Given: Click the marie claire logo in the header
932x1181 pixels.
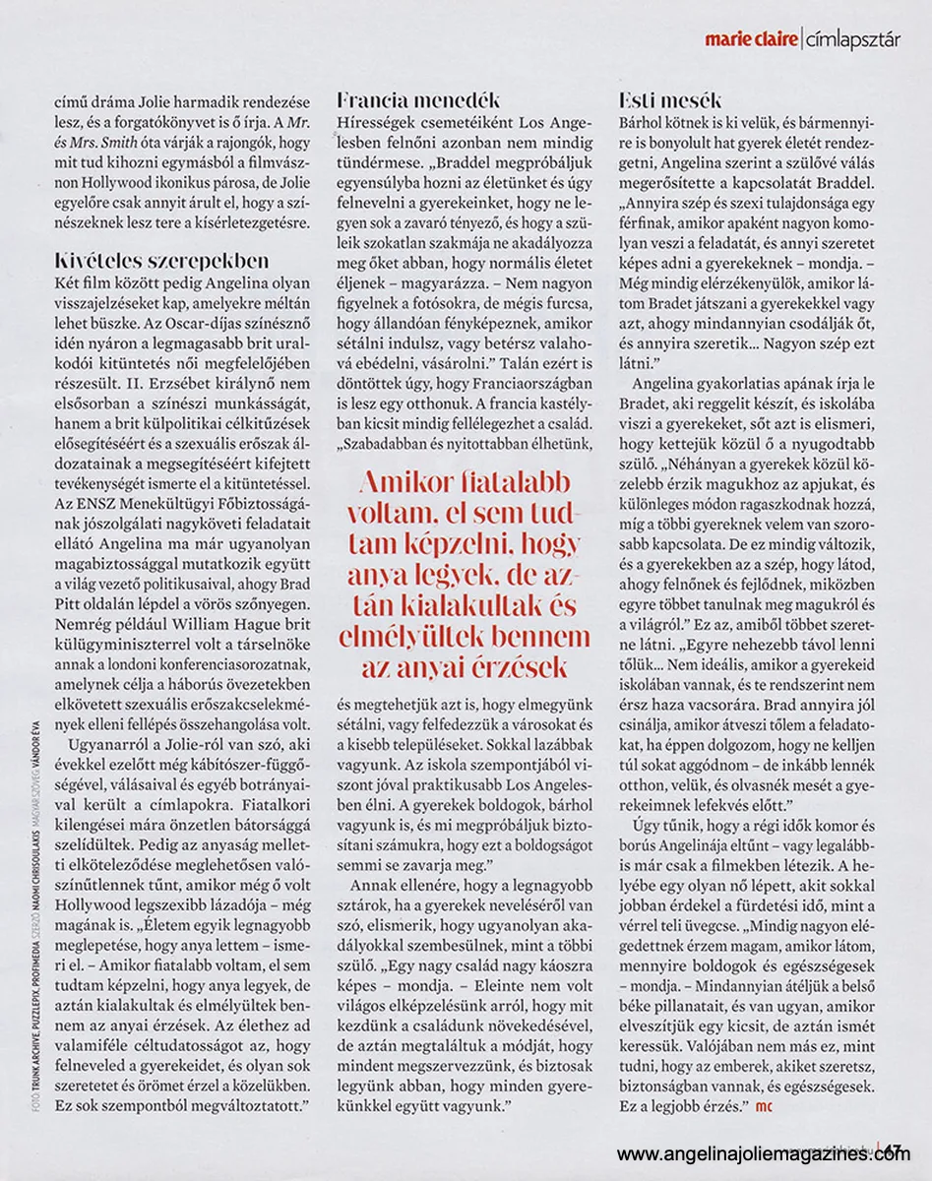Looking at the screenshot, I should pyautogui.click(x=750, y=39).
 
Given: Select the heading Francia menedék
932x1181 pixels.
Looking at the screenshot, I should pyautogui.click(x=418, y=99).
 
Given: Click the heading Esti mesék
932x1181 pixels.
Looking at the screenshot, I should pyautogui.click(x=670, y=99).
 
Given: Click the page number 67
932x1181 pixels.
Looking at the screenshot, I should pyautogui.click(x=894, y=1152).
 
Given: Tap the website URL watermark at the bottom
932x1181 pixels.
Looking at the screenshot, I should pyautogui.click(x=764, y=1154).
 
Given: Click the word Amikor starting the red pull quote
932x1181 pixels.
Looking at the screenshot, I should pyautogui.click(x=401, y=481).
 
